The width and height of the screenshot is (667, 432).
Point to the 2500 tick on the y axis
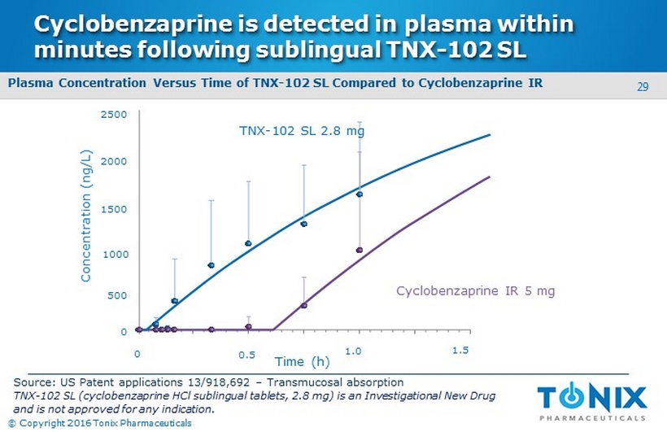point(114,116)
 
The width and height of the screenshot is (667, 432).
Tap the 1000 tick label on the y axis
point(114,255)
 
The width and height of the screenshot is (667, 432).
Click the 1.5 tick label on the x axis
point(460,350)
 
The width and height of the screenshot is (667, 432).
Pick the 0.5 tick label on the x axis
point(246,355)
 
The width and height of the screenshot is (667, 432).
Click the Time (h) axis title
point(302,361)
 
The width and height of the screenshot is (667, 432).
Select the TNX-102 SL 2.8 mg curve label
point(301,132)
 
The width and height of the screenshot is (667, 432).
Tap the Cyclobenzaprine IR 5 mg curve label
point(476,290)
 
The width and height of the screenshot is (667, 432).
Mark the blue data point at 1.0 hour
point(359,194)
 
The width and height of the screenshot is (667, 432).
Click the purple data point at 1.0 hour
point(359,250)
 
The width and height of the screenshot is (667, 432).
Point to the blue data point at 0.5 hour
point(248,243)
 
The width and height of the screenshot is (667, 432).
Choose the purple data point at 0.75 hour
point(303,305)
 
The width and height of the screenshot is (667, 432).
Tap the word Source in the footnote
point(33,382)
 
